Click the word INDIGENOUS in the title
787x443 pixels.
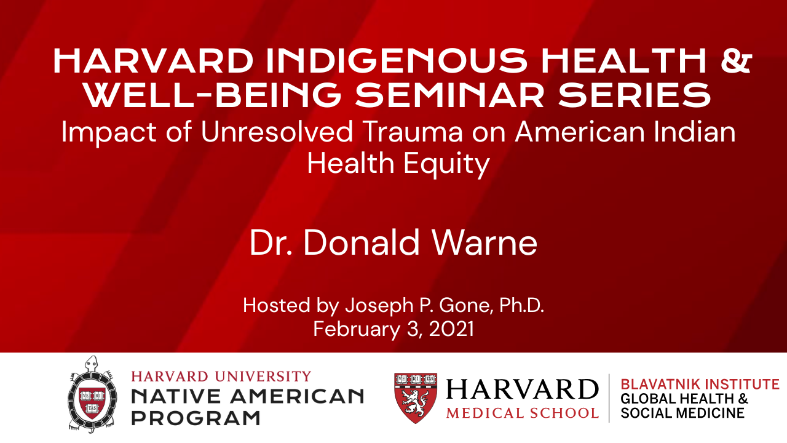397,61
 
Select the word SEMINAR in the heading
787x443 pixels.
449,94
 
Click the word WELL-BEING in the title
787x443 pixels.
213,94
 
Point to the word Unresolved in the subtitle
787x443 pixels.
277,132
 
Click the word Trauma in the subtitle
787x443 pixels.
413,132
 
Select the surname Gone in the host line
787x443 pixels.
464,305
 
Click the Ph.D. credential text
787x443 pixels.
522,305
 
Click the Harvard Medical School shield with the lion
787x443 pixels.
416,397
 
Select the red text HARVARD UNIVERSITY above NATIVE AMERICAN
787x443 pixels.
221,377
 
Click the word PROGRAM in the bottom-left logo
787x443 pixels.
196,418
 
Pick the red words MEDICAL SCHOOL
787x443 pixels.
523,413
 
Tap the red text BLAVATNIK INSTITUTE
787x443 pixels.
700,385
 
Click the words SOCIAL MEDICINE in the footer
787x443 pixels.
682,413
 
